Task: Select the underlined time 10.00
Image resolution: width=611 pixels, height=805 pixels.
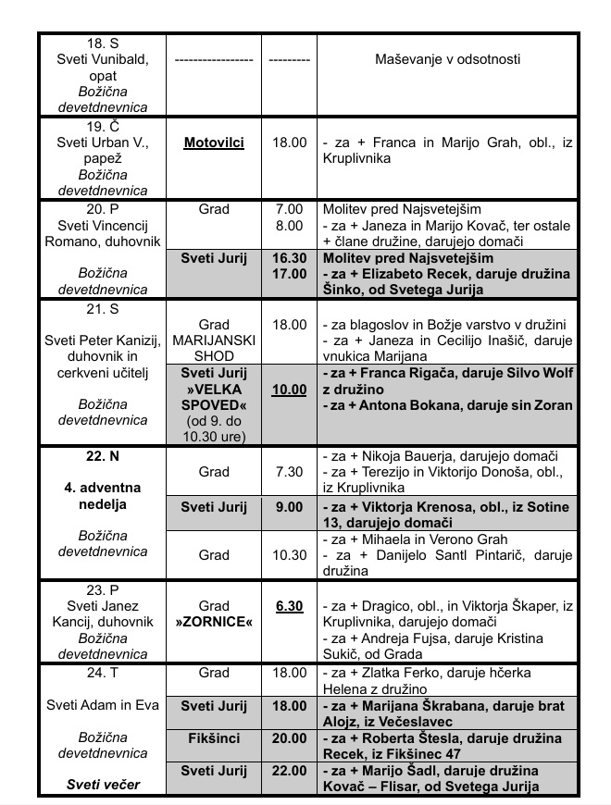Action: pyautogui.click(x=289, y=390)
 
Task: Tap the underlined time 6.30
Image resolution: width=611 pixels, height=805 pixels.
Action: pyautogui.click(x=289, y=605)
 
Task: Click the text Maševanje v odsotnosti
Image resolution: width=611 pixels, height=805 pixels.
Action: pyautogui.click(x=447, y=58)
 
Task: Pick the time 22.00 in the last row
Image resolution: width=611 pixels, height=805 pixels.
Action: pyautogui.click(x=289, y=770)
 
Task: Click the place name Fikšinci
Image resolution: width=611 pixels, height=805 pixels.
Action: pyautogui.click(x=214, y=737)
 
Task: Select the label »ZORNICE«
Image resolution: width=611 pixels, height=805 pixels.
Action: pyautogui.click(x=214, y=622)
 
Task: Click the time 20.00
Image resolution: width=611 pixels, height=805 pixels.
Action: pyautogui.click(x=289, y=737)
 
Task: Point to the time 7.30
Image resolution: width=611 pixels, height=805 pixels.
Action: pyautogui.click(x=289, y=472)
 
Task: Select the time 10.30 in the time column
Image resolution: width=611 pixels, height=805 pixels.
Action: pyautogui.click(x=289, y=555)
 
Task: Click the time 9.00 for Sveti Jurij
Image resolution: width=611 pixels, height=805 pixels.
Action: pyautogui.click(x=289, y=506)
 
